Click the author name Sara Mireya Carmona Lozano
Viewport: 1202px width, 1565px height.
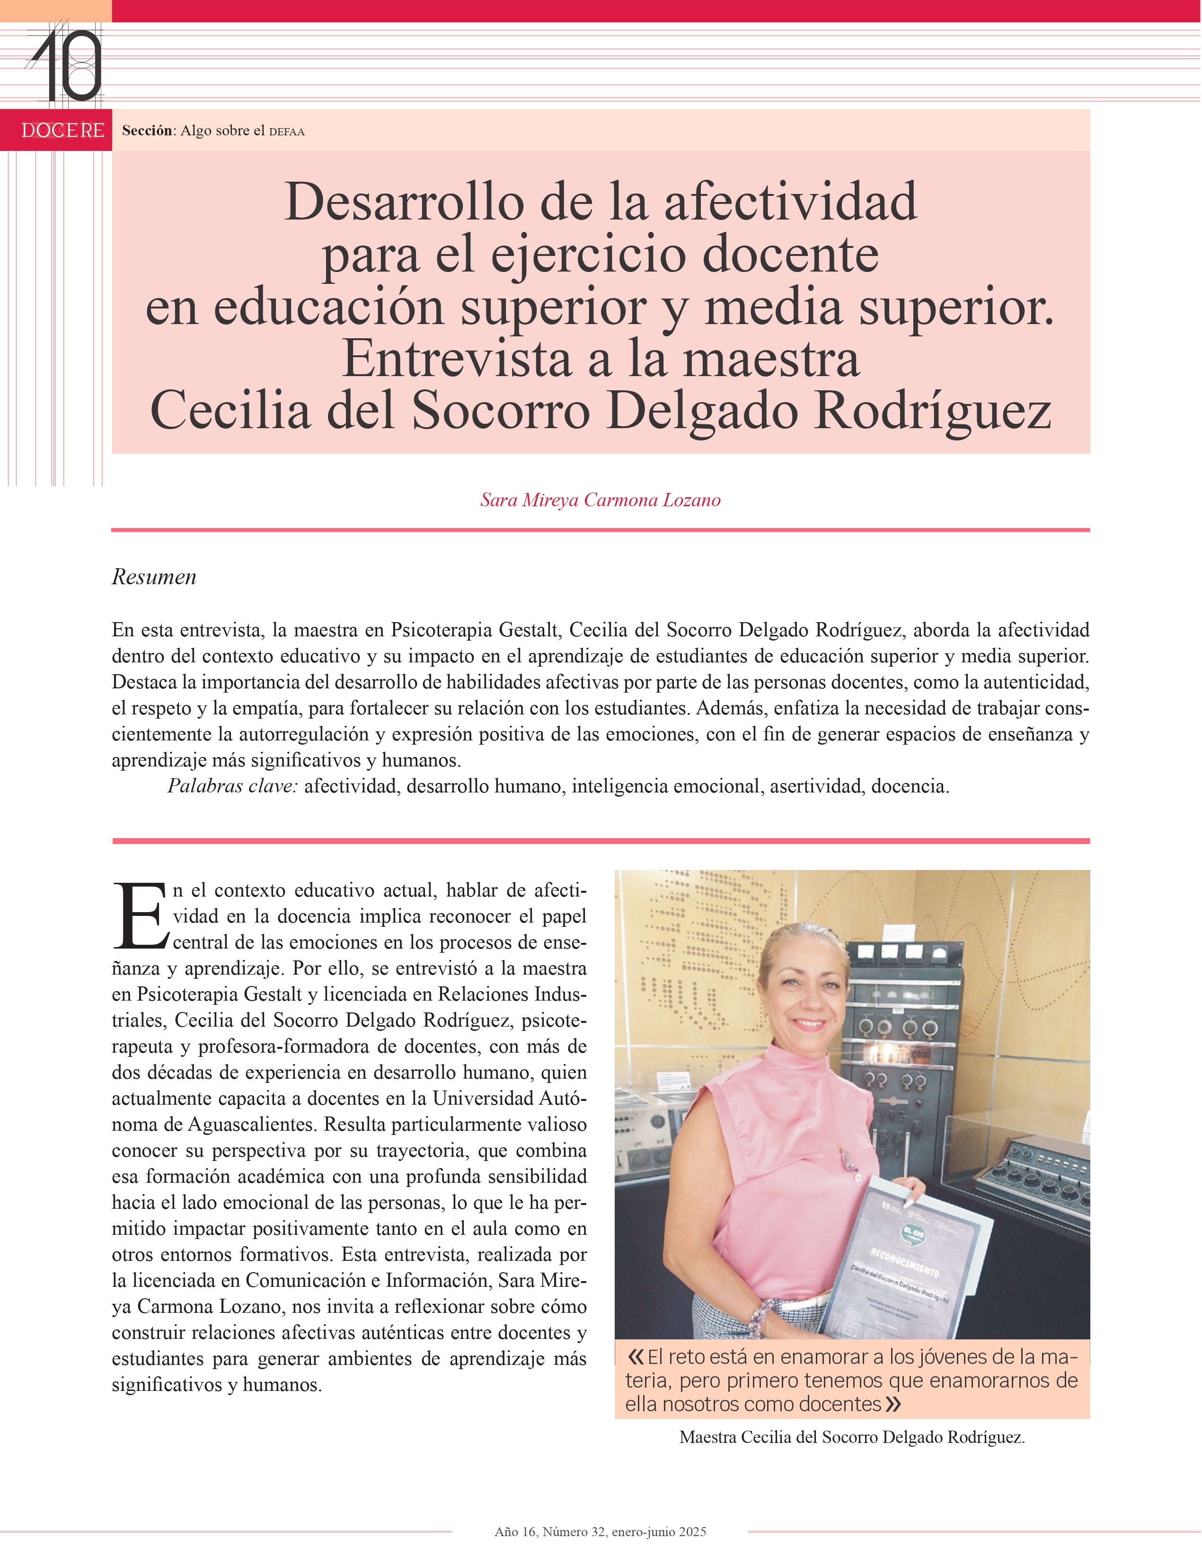600,500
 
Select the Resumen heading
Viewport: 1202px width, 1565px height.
154,577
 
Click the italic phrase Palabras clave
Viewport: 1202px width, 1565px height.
232,786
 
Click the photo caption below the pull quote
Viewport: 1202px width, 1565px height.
851,1437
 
